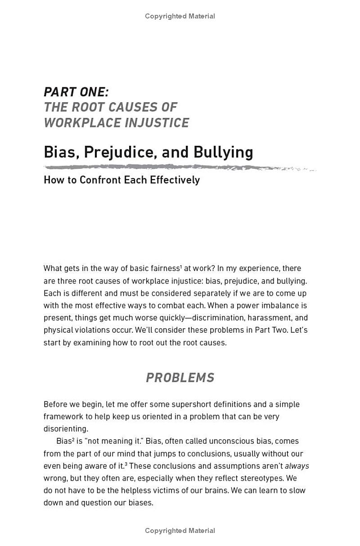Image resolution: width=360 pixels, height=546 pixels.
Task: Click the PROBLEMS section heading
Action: click(x=180, y=377)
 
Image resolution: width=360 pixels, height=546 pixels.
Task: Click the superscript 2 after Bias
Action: click(x=73, y=439)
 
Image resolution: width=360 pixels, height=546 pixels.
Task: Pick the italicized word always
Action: click(x=297, y=466)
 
